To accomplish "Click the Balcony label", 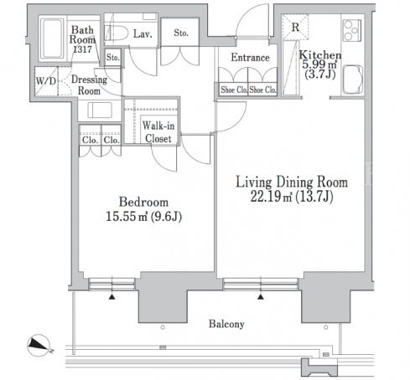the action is click(x=226, y=324).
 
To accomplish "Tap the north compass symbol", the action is click(x=39, y=346).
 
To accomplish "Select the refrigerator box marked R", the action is click(x=295, y=27).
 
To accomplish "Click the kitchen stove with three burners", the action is click(x=352, y=30).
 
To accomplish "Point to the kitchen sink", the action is click(x=353, y=80).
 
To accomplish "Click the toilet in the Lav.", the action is click(x=117, y=33).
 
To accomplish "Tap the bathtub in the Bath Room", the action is click(x=52, y=39).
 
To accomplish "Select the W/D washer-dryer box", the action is click(x=46, y=81).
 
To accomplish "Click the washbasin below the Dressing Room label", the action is click(x=100, y=110).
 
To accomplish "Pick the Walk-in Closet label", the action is click(x=158, y=132).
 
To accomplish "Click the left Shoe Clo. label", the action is click(x=234, y=90).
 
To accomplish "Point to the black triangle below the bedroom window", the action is click(x=112, y=297).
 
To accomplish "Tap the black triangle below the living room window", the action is click(x=261, y=297).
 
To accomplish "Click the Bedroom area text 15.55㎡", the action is click(x=127, y=217).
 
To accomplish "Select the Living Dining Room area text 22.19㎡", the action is click(x=271, y=197).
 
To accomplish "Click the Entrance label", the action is click(x=250, y=58).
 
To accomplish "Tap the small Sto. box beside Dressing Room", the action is click(x=113, y=58).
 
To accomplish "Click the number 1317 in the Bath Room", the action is click(x=82, y=49).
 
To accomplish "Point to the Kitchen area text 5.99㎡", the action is click(x=319, y=64).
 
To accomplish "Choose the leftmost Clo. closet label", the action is click(x=90, y=140).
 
